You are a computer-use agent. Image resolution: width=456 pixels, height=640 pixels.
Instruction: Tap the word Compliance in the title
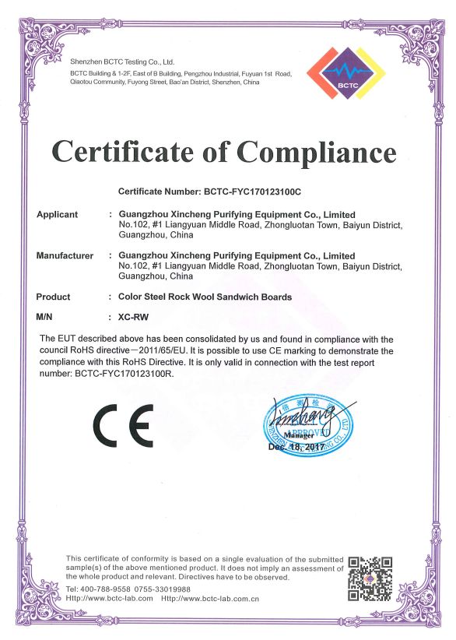[318, 151]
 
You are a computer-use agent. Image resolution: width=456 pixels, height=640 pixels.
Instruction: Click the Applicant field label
[58, 214]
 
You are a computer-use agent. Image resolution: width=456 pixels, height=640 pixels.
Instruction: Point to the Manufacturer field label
[65, 255]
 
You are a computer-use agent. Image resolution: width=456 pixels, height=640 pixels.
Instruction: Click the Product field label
[53, 297]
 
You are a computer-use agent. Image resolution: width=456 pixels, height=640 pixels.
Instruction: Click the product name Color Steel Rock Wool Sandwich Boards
[205, 297]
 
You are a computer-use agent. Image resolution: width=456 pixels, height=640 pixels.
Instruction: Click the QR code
[369, 578]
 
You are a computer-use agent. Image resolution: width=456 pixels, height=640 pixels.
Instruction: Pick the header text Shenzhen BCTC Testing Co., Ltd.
[122, 61]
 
